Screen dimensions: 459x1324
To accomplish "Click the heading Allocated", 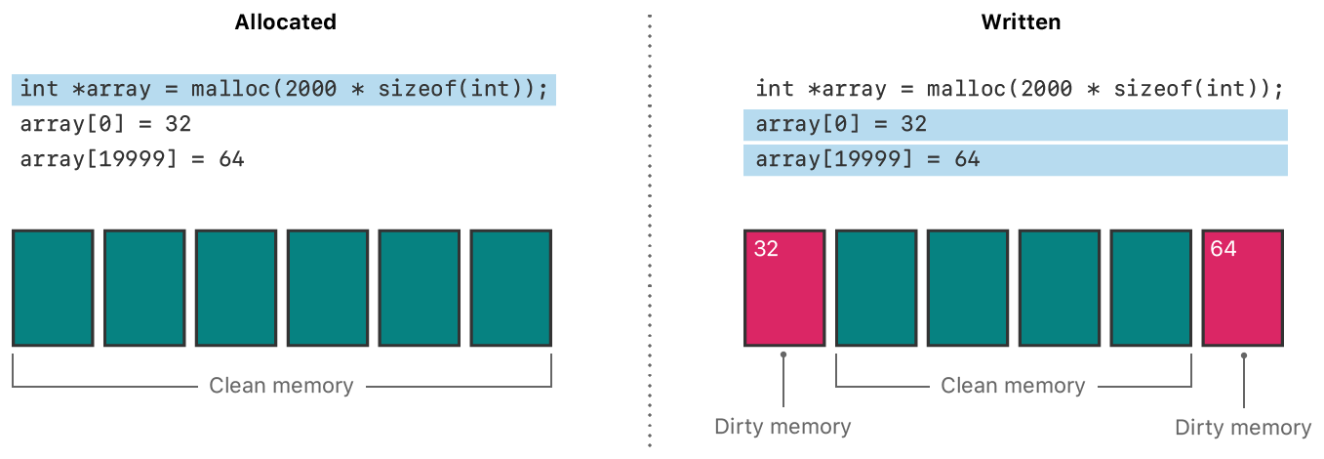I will pos(285,22).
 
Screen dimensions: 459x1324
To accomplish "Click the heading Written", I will pos(1021,22).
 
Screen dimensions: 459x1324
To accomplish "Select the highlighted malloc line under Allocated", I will pos(284,89).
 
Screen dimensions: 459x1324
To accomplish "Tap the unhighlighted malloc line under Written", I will pos(1019,89).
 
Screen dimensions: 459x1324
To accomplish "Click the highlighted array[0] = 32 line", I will pos(1015,125).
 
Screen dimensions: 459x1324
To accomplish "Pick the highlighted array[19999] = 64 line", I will pos(1015,160).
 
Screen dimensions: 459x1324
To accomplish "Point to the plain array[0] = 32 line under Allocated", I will pos(105,124).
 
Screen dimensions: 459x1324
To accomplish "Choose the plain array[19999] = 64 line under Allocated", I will pos(132,159).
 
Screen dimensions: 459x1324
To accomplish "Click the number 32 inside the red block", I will pos(766,249).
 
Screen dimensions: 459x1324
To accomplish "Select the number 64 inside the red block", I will pos(1223,249).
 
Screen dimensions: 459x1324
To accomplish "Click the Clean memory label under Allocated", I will pos(281,386).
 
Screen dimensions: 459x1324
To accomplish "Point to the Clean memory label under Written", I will pos(1013,386).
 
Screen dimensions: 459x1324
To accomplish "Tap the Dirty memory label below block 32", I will pos(782,427).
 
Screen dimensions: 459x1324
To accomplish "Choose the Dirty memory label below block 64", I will pos(1243,428).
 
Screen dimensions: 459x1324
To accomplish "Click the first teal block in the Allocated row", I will pos(53,288).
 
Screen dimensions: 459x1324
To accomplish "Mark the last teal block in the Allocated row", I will pos(511,288).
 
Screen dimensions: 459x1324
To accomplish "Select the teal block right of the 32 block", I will pos(876,288).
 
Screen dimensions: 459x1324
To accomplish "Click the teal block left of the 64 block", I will pos(1151,288).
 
